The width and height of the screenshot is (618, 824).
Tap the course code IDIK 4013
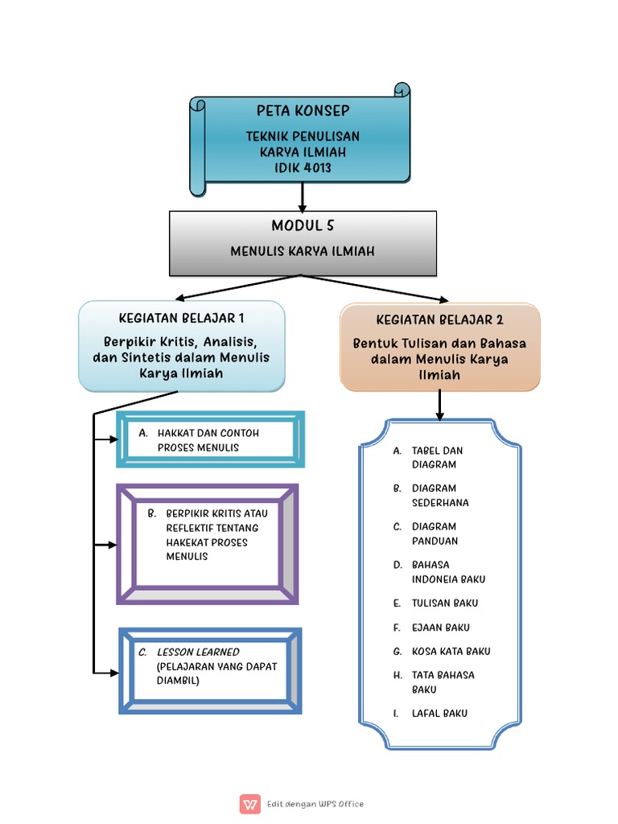tap(303, 167)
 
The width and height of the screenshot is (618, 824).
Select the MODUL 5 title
tap(303, 226)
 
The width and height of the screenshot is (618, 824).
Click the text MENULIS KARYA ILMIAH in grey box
tap(303, 252)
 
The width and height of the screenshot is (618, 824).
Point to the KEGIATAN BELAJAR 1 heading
tap(181, 317)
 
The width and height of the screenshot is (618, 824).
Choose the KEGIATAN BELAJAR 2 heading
tap(439, 319)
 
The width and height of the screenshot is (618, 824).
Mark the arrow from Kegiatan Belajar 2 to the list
tap(439, 404)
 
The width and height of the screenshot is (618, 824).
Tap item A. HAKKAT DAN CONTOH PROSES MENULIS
tap(208, 440)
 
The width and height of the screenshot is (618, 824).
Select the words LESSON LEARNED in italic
tap(198, 652)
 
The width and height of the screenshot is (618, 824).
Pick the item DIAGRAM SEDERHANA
tap(439, 495)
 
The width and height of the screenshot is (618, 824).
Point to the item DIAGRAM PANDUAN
tap(435, 534)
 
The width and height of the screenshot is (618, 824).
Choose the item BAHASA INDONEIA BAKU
tap(448, 571)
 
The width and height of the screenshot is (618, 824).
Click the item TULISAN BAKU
tap(444, 603)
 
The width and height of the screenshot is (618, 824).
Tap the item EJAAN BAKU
tap(440, 627)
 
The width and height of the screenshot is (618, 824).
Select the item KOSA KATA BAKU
tap(451, 651)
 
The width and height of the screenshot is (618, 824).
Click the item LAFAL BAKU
tap(439, 713)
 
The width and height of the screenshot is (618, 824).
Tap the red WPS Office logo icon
tap(249, 804)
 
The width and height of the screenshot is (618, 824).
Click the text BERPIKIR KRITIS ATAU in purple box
tap(217, 513)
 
